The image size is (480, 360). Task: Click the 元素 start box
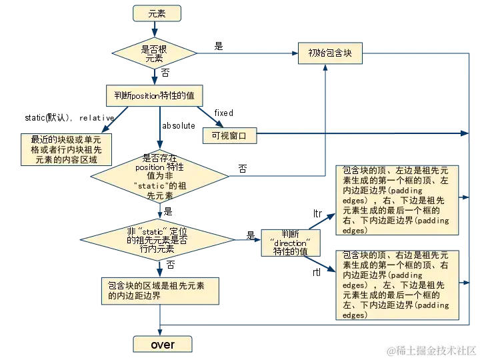pos(157,13)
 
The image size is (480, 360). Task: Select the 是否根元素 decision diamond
pos(154,53)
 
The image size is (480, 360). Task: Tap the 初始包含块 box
pos(330,53)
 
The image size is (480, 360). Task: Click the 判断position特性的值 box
pos(154,95)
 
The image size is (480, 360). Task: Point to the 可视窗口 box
pos(229,135)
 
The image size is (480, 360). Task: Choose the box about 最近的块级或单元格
pos(66,149)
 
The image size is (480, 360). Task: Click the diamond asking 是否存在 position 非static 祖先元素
pos(160,176)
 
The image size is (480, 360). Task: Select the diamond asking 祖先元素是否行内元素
pos(157,240)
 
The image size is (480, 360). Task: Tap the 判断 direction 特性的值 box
pos(291,243)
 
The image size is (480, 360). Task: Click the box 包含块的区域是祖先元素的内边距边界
pos(160,291)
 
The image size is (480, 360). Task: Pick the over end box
pos(163,344)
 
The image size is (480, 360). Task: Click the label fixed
pos(224,113)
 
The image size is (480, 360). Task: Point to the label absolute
pos(179,125)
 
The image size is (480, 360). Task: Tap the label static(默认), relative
pos(69,117)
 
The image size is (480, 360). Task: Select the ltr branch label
pos(317,213)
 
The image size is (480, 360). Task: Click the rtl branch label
pos(317,272)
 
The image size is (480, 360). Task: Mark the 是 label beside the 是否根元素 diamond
pos(219,46)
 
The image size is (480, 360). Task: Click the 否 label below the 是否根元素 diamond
pos(165,73)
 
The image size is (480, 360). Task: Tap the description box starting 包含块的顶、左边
pos(397,200)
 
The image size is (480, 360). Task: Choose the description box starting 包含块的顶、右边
pos(397,285)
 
